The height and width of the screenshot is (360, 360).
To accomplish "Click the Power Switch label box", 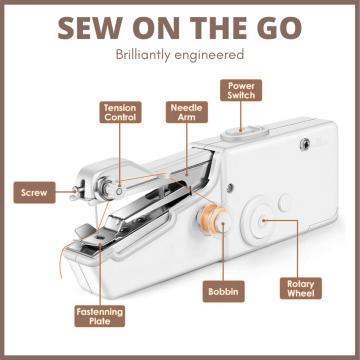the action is pyautogui.click(x=241, y=90).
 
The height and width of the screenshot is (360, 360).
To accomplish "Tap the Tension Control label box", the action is pyautogui.click(x=120, y=112).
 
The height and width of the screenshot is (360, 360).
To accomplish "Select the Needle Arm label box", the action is pyautogui.click(x=186, y=112).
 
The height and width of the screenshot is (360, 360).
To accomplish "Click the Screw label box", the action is pyautogui.click(x=34, y=192).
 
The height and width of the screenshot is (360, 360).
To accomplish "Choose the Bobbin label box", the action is pyautogui.click(x=223, y=291).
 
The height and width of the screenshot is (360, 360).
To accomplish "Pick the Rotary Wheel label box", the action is pyautogui.click(x=301, y=288).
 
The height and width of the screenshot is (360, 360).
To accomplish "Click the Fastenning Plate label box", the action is pyautogui.click(x=99, y=316).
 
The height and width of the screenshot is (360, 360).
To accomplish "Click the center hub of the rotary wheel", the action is pyautogui.click(x=263, y=221).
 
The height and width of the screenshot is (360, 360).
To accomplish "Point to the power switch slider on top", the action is pyautogui.click(x=244, y=132).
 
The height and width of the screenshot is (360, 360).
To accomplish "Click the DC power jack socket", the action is pyautogui.click(x=305, y=144).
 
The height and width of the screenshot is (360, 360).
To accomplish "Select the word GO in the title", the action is pyautogui.click(x=279, y=28).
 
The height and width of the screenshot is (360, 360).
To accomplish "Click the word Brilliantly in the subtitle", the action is pyautogui.click(x=143, y=55).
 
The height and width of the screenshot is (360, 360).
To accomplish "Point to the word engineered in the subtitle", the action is pyautogui.click(x=209, y=55).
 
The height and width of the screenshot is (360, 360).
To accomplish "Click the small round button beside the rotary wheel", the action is pyautogui.click(x=284, y=202).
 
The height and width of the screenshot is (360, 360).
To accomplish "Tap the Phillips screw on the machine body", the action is pyautogui.click(x=230, y=188).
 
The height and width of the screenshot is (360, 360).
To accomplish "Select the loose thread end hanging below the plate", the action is pyautogui.click(x=62, y=259).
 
